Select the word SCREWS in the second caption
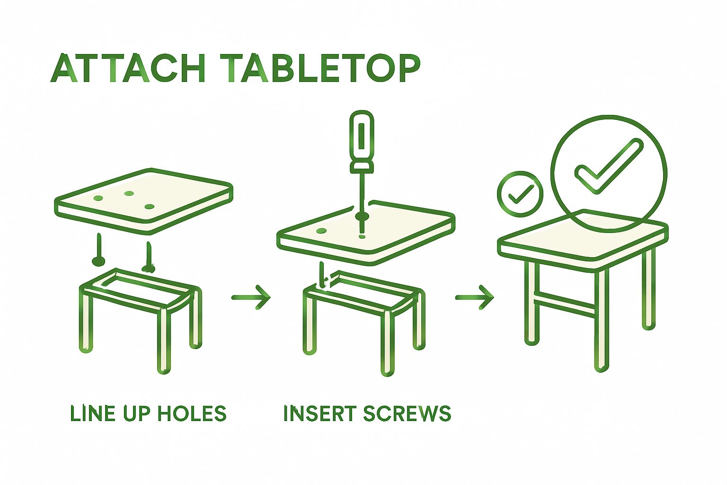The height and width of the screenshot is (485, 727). click(407, 413)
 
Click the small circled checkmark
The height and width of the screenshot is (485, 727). click(520, 194)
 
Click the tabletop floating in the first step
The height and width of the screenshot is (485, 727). click(142, 199)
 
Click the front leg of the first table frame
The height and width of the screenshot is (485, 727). click(164, 341)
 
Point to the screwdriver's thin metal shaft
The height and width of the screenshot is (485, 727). click(362, 194)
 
